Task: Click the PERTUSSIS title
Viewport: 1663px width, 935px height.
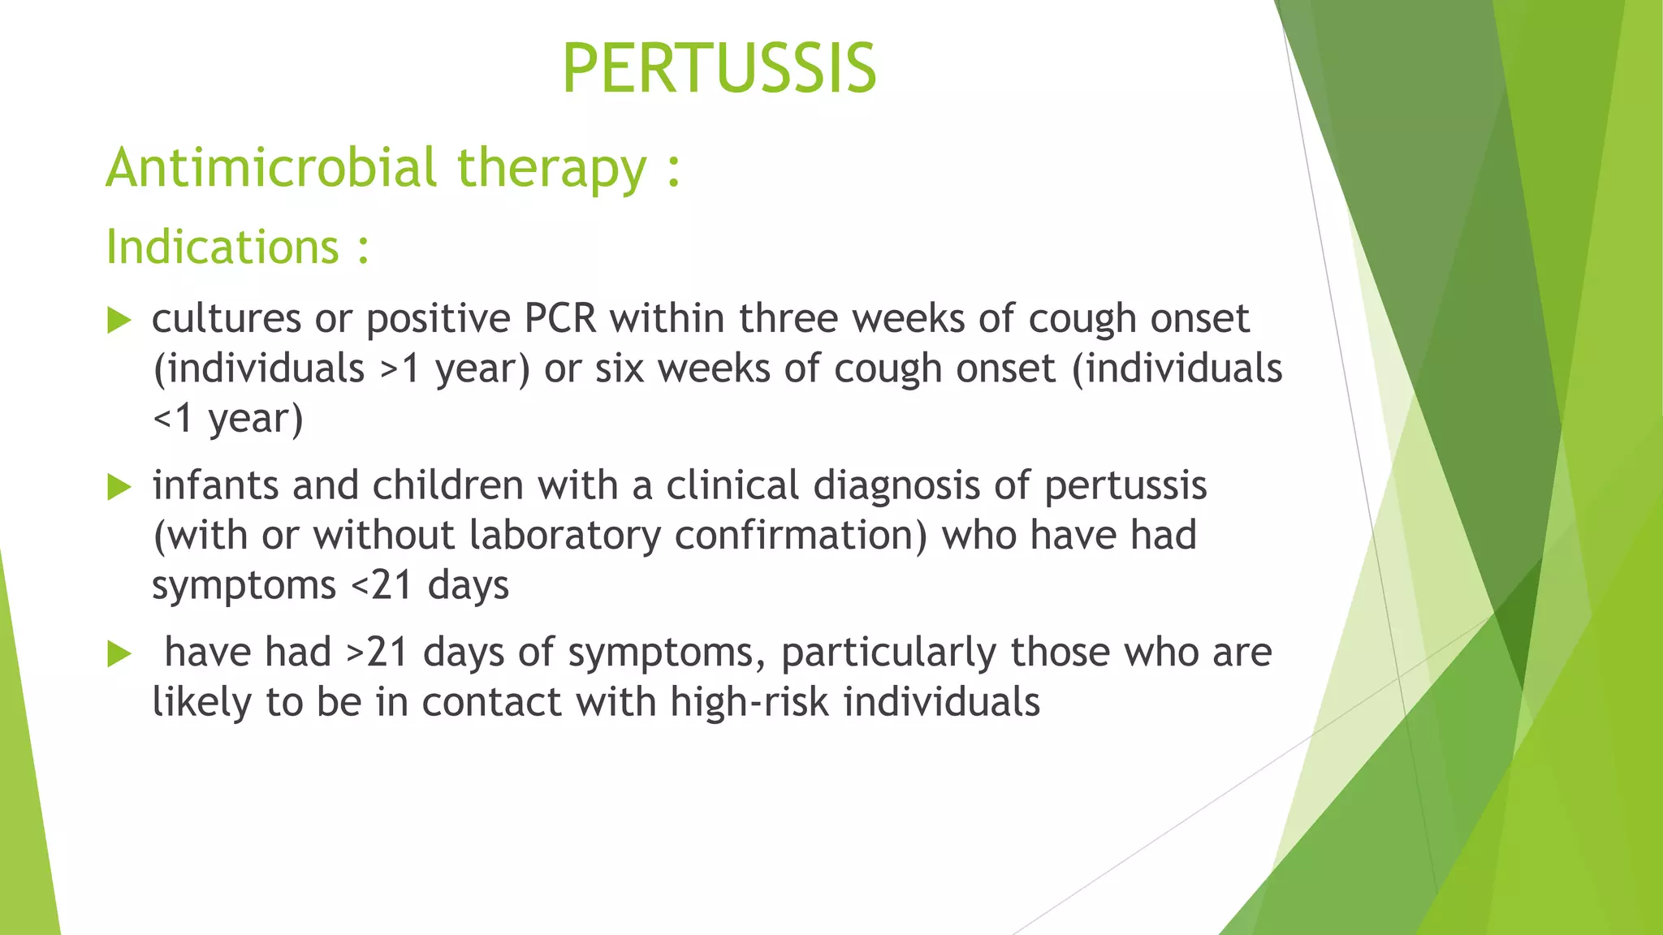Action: [719, 69]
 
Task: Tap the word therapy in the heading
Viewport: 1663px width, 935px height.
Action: [551, 168]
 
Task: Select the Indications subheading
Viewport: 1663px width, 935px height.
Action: [223, 247]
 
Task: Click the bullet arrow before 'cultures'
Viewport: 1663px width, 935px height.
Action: [119, 321]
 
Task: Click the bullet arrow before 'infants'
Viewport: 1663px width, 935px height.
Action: [119, 488]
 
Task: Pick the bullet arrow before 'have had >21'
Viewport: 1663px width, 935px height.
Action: [119, 654]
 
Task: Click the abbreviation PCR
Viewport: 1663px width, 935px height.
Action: [560, 319]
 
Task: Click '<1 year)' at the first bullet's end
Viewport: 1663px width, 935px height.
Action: [228, 419]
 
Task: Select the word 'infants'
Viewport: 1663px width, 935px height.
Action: [215, 486]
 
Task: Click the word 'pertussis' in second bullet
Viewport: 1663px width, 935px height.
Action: [1125, 486]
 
